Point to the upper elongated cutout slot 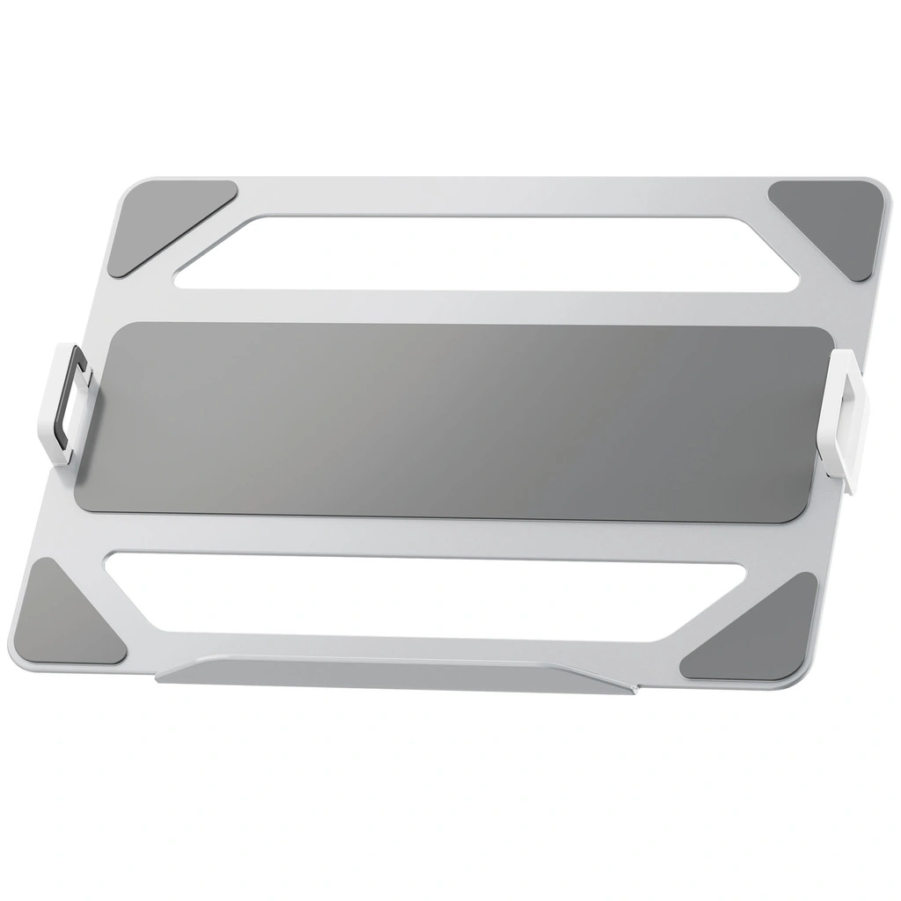click(484, 252)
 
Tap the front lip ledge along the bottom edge click(396, 675)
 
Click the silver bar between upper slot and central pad click(475, 306)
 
